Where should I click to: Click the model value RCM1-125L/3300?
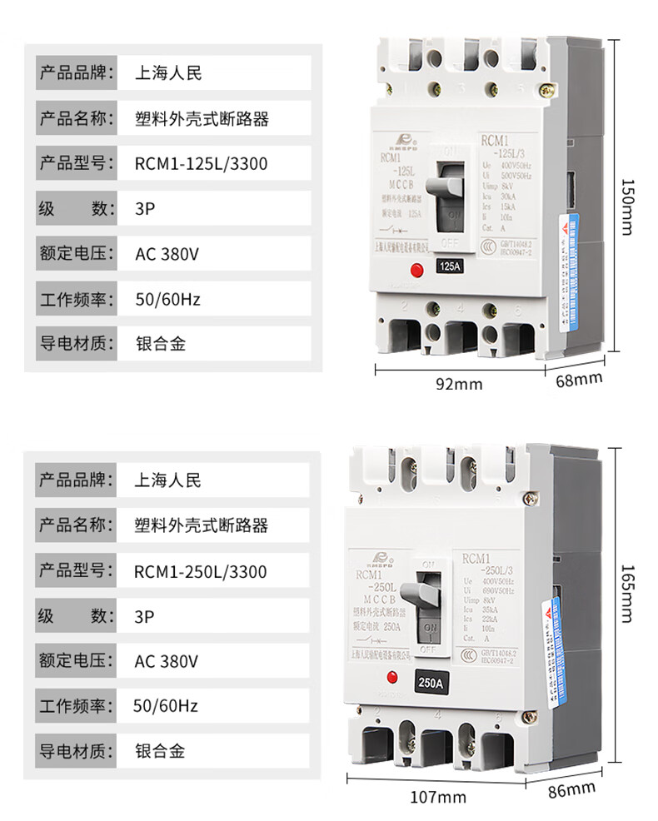tap(201, 164)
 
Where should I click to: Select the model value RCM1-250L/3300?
tap(201, 572)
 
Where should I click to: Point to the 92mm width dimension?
tap(458, 384)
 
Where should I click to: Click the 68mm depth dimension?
tap(578, 379)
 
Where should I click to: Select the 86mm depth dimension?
tap(571, 787)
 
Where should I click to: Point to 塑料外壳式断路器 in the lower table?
tap(201, 526)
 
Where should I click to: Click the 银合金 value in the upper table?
tap(160, 341)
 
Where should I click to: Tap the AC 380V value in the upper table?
tap(167, 252)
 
